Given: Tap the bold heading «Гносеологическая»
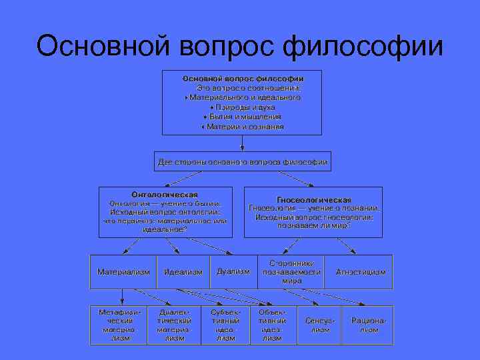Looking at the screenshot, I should (x=313, y=199).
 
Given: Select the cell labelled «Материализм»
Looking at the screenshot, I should (x=123, y=272).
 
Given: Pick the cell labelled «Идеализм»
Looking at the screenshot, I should (x=183, y=272).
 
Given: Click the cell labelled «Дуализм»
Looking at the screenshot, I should (x=233, y=271).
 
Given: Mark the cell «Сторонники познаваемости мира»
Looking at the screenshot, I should (x=291, y=272).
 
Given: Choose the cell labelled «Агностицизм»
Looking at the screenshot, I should (x=361, y=272).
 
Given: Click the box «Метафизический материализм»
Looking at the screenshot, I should (x=120, y=325).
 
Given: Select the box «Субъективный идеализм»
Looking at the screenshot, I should (x=225, y=325).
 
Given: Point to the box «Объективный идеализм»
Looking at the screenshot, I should (x=272, y=325).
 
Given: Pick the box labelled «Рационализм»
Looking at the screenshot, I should (x=369, y=325).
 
